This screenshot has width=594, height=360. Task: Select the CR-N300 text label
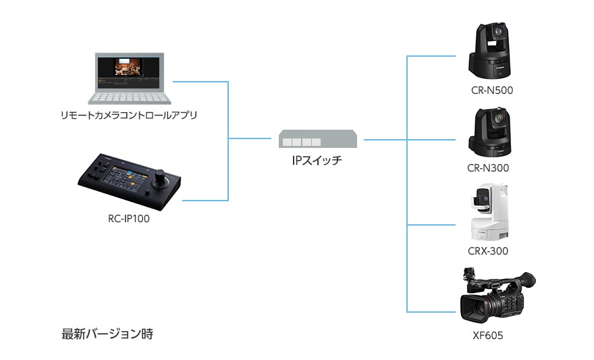[x=487, y=168]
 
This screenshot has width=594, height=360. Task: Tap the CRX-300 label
[x=487, y=251]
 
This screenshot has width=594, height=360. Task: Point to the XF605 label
[x=488, y=335]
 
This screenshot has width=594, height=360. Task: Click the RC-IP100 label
[x=128, y=218]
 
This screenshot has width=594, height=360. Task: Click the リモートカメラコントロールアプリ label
[x=128, y=115]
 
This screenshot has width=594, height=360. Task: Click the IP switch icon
[x=318, y=140]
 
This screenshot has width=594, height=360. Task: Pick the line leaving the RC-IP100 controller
[x=206, y=200]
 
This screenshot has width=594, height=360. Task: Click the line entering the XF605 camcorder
[x=432, y=311]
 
